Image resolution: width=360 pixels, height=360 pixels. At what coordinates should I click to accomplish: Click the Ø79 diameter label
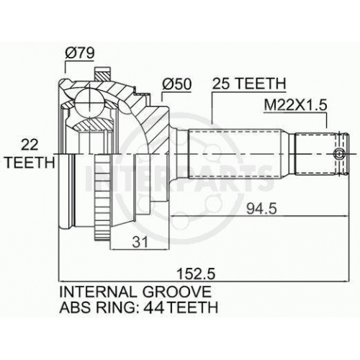coord(79,53)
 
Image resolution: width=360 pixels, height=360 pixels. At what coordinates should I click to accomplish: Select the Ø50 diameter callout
coord(177,84)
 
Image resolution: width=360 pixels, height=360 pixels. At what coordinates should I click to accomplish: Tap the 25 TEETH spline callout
coord(249,84)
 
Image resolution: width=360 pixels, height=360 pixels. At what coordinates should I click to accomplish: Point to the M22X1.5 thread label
coord(295,105)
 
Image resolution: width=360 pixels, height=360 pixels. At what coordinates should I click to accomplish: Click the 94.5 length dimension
coord(262,209)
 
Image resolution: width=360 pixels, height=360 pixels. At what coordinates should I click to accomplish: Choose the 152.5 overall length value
coord(194,274)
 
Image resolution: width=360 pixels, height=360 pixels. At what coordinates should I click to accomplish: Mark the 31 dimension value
coord(140,242)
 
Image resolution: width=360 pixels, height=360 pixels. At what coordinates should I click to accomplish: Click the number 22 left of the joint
coord(30,145)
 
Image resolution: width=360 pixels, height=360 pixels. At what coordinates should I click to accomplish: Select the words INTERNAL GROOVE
coord(135,292)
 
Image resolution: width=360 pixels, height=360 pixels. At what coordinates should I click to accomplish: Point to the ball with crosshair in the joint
coord(89,104)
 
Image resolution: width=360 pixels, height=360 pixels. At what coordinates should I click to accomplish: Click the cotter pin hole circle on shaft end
coord(338,153)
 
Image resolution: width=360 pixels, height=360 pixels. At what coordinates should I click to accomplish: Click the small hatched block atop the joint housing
coord(103,74)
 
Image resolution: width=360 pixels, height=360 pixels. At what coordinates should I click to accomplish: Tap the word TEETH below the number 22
coord(30,163)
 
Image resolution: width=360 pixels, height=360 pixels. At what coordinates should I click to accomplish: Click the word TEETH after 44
coord(192,307)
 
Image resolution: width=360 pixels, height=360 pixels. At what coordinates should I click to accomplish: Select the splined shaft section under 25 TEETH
coord(235,153)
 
